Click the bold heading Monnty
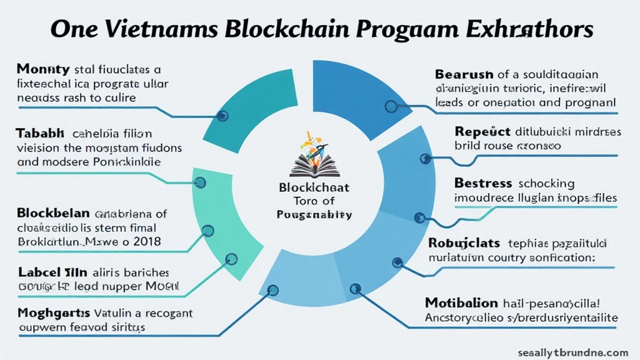pos(42,69)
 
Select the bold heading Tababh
pos(40,133)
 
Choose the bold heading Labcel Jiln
pos(52,272)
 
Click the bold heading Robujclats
pos(466,242)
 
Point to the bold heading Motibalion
pos(461,303)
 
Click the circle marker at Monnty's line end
pos(222,116)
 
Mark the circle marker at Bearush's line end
pos(391,107)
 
